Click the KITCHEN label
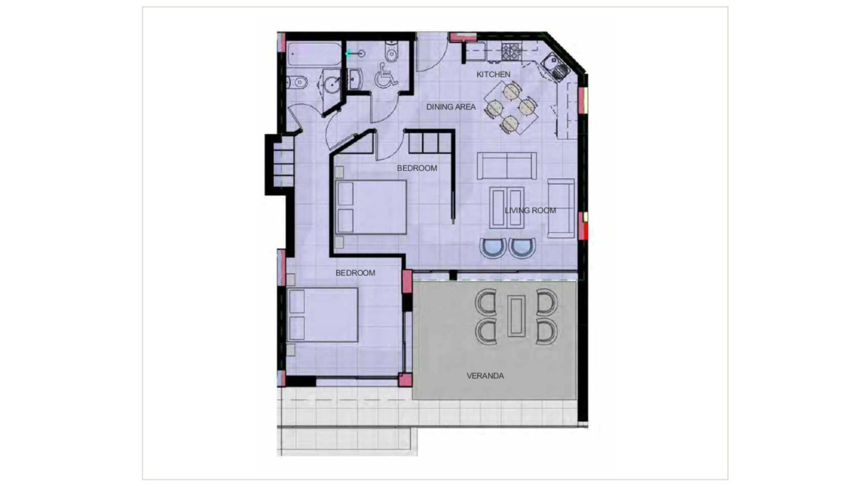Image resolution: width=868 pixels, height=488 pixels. point(493,74)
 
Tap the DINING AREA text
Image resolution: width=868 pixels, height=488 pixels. point(451,107)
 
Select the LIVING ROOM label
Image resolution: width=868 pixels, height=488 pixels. point(530,210)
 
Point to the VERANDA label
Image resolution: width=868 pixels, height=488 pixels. point(485,376)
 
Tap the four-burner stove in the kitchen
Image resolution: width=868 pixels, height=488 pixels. point(511,52)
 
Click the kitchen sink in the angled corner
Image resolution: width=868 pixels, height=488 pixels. point(555,66)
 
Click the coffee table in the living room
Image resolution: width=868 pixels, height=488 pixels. point(507,208)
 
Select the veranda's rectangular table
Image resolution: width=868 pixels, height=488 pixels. point(516,316)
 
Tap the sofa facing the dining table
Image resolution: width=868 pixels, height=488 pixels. point(507,166)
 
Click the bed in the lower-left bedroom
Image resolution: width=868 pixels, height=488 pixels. point(322,315)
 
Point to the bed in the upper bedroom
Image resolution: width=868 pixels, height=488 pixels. point(371,207)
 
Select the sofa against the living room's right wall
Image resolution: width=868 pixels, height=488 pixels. point(561,208)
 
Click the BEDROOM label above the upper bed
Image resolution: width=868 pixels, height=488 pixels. point(417,168)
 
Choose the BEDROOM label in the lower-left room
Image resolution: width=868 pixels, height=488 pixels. point(355,273)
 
